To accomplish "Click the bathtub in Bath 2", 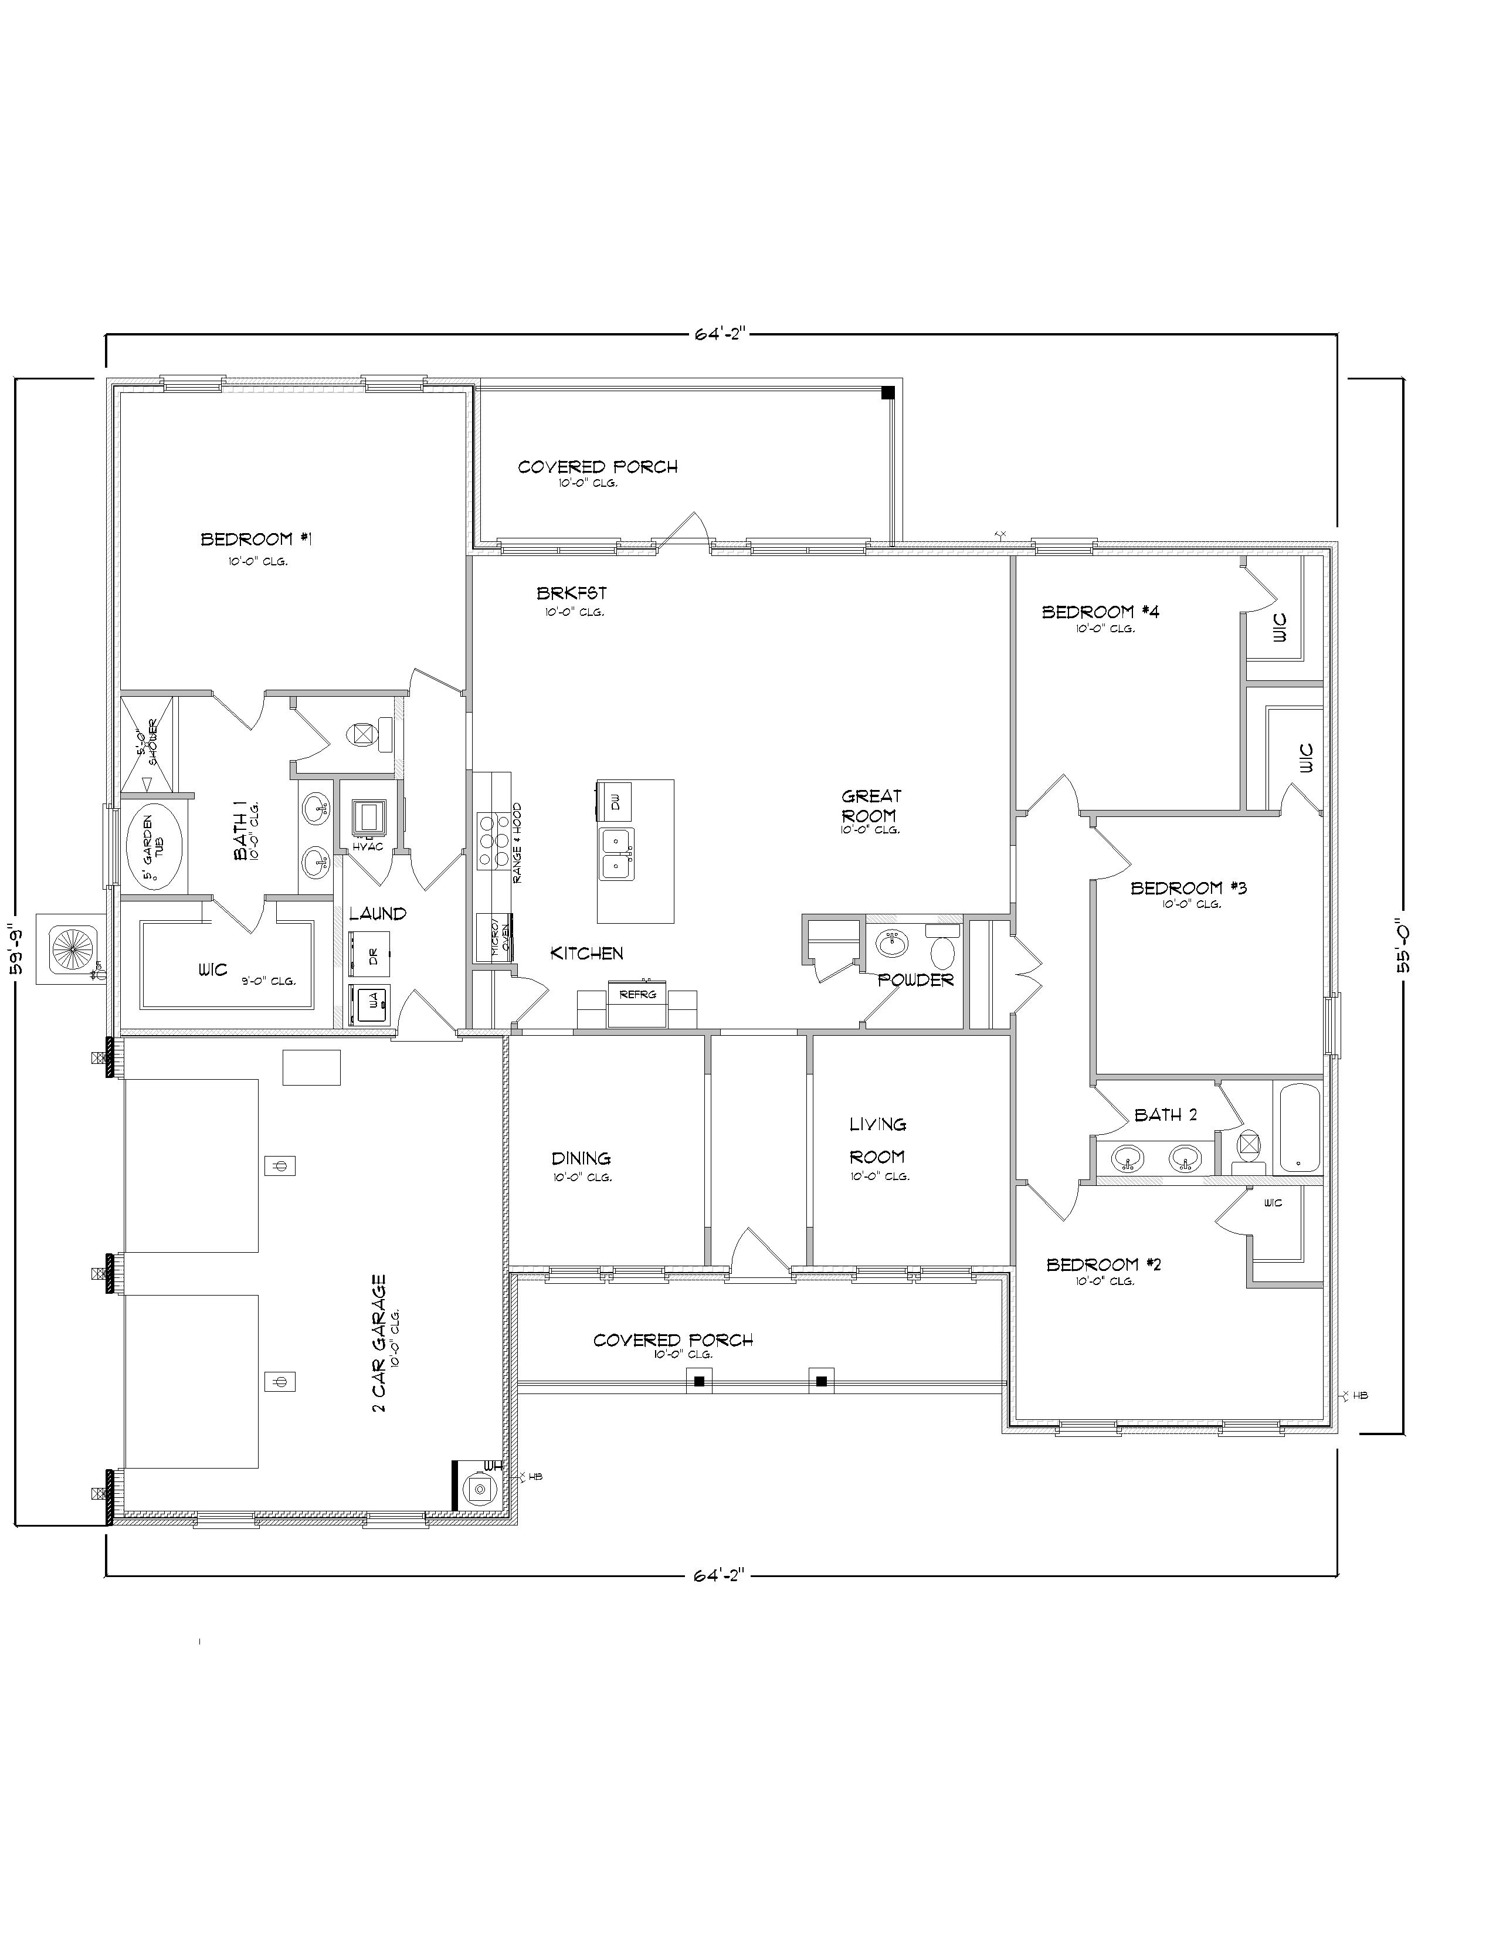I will [1297, 1128].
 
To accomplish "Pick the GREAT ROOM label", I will [871, 806].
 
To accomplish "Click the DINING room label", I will [581, 1158].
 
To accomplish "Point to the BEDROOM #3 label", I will [1189, 888].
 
